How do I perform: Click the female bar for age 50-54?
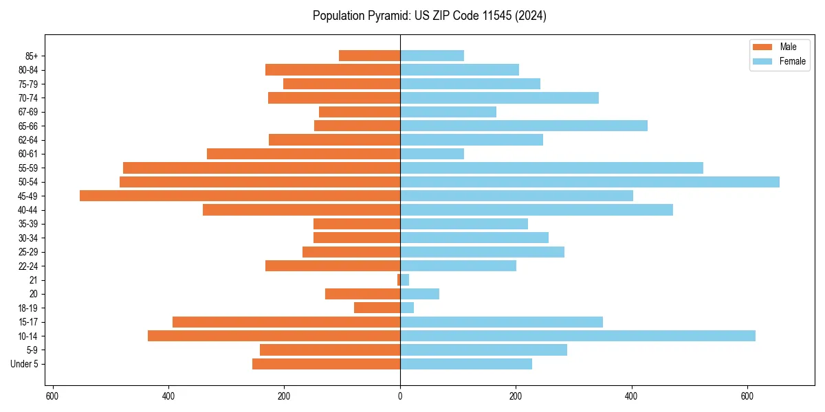tap(590, 182)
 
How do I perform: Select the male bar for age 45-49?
tap(240, 196)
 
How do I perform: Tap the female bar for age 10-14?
tap(577, 336)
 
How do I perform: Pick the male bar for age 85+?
tap(369, 56)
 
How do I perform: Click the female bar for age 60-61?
tap(432, 154)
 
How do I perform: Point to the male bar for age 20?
tap(362, 294)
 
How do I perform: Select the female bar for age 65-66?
tap(524, 126)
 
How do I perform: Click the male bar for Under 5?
tap(326, 364)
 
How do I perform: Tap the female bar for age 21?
tap(405, 280)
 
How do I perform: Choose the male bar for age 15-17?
tap(286, 322)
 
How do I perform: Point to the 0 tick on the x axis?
tap(400, 396)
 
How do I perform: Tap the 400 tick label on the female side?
tap(632, 396)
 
